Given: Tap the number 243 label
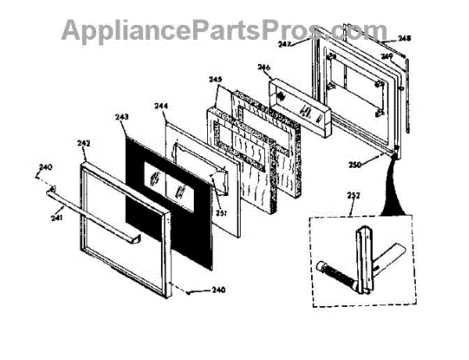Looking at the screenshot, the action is [121, 117].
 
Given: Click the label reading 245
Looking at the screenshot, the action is [217, 80].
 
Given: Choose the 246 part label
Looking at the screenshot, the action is [263, 68].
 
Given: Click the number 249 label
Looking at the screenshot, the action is [386, 57].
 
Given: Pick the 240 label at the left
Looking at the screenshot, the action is [45, 167].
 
